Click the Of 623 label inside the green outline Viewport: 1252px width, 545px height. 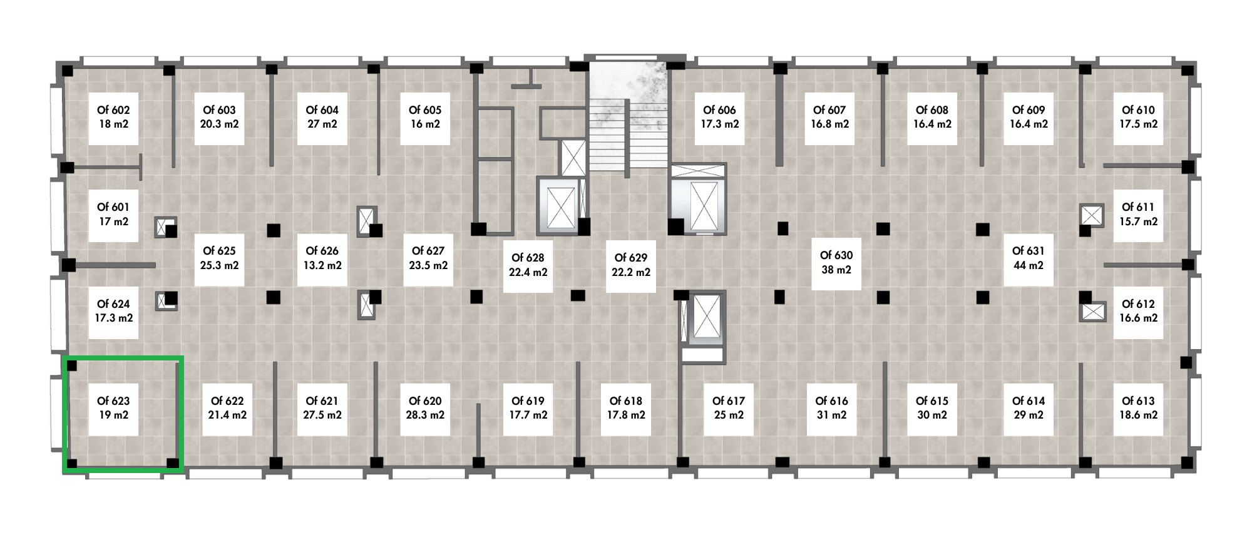click(113, 408)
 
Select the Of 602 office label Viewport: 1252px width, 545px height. click(113, 117)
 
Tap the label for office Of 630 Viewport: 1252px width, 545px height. click(836, 263)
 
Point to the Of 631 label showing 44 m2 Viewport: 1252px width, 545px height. click(1029, 258)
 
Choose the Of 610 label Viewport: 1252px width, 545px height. click(1139, 117)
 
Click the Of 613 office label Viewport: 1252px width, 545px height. click(1139, 408)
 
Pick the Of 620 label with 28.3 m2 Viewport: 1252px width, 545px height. click(425, 408)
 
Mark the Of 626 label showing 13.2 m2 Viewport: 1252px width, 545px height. click(322, 258)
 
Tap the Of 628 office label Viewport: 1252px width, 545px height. click(528, 265)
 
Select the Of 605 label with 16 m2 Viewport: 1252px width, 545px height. click(425, 117)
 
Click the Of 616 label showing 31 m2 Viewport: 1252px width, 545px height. click(831, 408)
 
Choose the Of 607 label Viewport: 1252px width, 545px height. click(830, 117)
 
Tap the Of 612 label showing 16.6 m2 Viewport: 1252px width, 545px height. click(1139, 311)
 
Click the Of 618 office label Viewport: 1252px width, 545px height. click(626, 408)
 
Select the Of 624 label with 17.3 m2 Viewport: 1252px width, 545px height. click(113, 311)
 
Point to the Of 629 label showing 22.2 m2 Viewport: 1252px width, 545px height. click(631, 265)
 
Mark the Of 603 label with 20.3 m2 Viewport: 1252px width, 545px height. click(219, 117)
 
